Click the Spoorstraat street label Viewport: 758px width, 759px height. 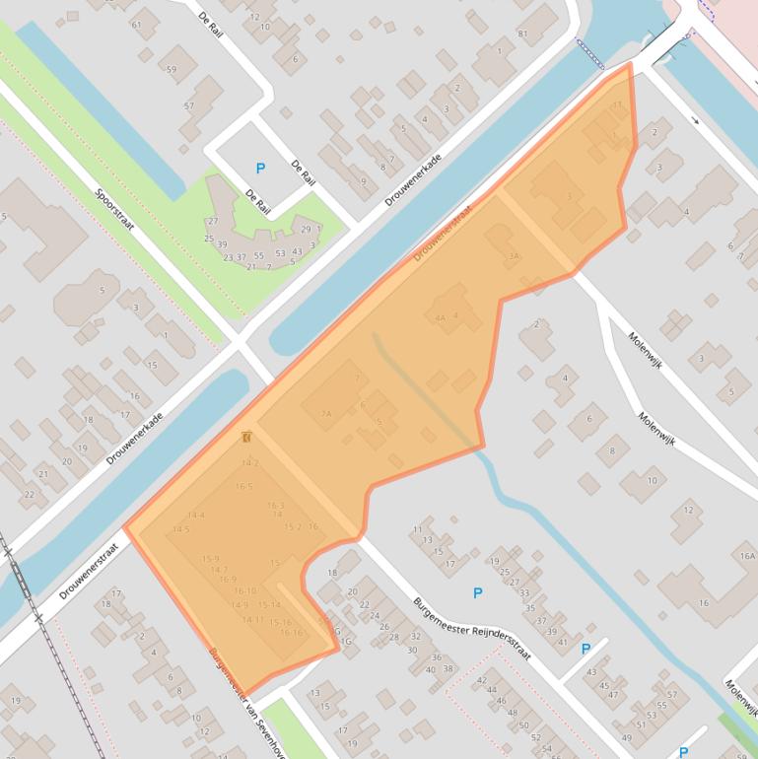(114, 211)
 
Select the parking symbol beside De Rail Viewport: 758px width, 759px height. (260, 169)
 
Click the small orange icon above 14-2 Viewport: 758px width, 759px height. (246, 437)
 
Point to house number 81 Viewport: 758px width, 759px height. (522, 34)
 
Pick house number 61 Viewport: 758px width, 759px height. (136, 25)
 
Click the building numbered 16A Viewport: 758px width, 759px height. (746, 557)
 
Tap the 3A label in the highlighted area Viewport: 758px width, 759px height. (513, 256)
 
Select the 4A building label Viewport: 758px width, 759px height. (441, 318)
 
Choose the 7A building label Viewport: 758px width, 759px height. (325, 415)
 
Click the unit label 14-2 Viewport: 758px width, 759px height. (250, 462)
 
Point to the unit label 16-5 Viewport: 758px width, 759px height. (244, 486)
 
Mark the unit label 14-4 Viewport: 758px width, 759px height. (196, 515)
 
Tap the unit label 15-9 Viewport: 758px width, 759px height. (210, 559)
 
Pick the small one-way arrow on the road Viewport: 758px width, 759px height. (695, 120)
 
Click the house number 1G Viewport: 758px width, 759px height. (345, 642)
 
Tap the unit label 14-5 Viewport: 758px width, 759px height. (180, 529)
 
